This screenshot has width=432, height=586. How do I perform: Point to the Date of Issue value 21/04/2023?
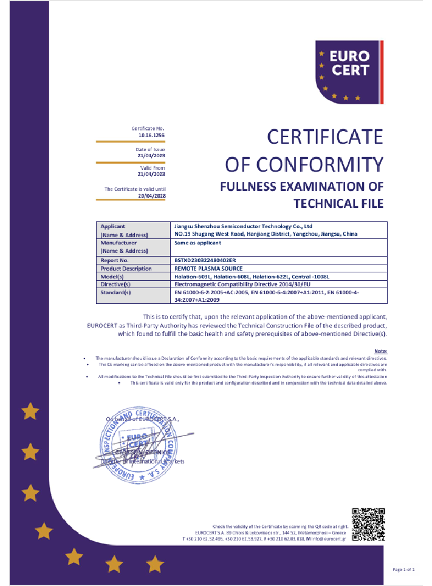(x=152, y=156)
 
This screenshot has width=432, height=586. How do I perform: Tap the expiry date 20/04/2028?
(x=152, y=195)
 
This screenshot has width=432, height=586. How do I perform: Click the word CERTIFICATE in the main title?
(x=325, y=137)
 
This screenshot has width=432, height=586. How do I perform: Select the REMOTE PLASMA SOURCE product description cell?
(x=208, y=268)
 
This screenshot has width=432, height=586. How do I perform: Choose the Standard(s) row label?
(x=116, y=292)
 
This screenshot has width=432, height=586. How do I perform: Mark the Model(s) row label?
(x=112, y=276)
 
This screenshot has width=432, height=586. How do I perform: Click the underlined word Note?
(x=380, y=351)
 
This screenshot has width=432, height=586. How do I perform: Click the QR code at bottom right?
(x=369, y=524)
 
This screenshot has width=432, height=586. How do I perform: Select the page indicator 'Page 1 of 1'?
(x=403, y=569)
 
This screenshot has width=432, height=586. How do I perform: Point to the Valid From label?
(x=153, y=167)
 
